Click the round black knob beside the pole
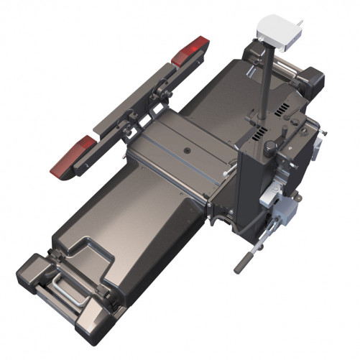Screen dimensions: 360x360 click(x=270, y=147)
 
